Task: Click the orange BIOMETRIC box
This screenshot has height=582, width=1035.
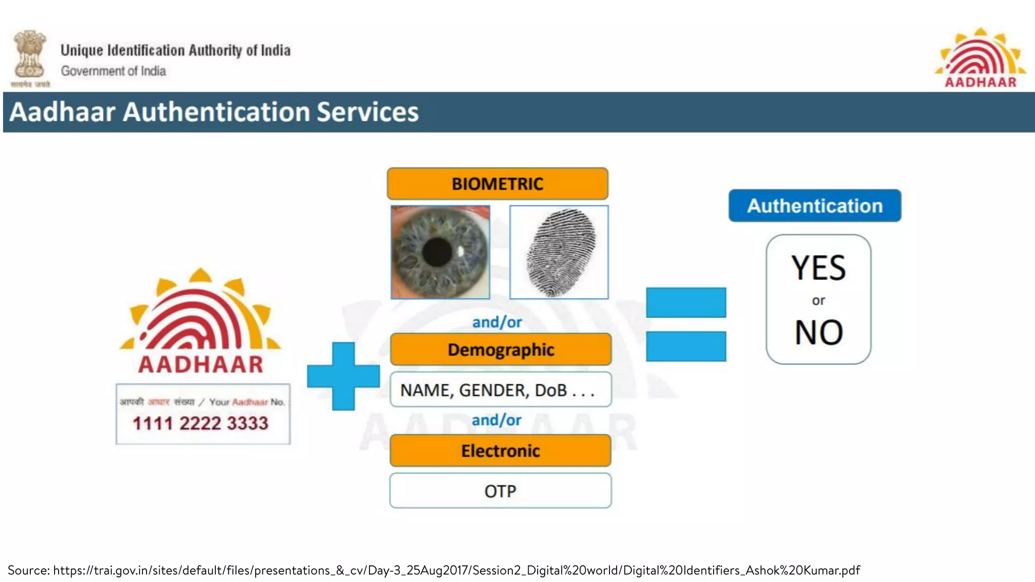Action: pos(497,184)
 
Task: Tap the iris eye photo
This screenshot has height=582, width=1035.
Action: pos(440,252)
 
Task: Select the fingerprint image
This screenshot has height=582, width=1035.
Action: pos(559,252)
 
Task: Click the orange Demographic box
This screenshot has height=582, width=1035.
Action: pos(500,350)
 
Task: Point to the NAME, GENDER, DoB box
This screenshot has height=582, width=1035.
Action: pos(500,390)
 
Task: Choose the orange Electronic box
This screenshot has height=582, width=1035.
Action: pos(500,451)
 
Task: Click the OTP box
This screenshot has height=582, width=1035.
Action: pos(500,491)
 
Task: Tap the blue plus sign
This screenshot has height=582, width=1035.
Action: pos(344,376)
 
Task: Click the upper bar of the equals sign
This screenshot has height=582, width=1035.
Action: pos(686,303)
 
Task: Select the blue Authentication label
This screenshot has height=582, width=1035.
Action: pos(815,206)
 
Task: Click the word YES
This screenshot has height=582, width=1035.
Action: pos(818,268)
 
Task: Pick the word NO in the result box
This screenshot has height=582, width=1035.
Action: pos(819,332)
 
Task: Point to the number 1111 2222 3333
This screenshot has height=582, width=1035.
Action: pos(201,423)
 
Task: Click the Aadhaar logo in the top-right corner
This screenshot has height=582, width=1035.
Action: pos(980,59)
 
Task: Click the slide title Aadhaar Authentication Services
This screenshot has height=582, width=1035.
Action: pos(214,112)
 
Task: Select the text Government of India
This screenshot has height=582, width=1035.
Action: pos(114,71)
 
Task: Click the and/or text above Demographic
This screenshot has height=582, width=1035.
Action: pos(497,322)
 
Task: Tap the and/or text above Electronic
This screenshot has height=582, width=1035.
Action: pos(496,420)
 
